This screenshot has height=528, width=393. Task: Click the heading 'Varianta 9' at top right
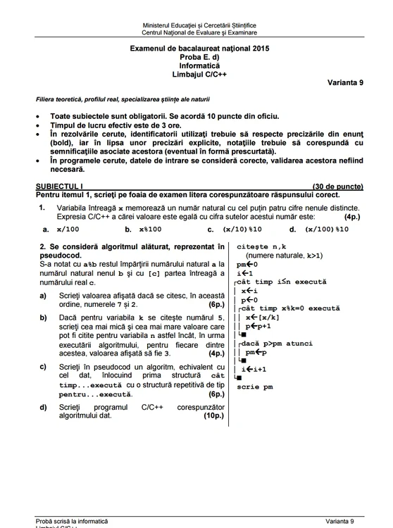345,82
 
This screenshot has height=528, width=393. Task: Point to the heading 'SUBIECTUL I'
59,187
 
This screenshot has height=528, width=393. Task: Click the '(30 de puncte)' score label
337,187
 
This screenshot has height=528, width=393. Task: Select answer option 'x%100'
150,229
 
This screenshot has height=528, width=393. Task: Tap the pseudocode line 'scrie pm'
255,386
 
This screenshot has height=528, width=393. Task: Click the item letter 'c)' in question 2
44,367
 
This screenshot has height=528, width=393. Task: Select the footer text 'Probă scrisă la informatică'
73,521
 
